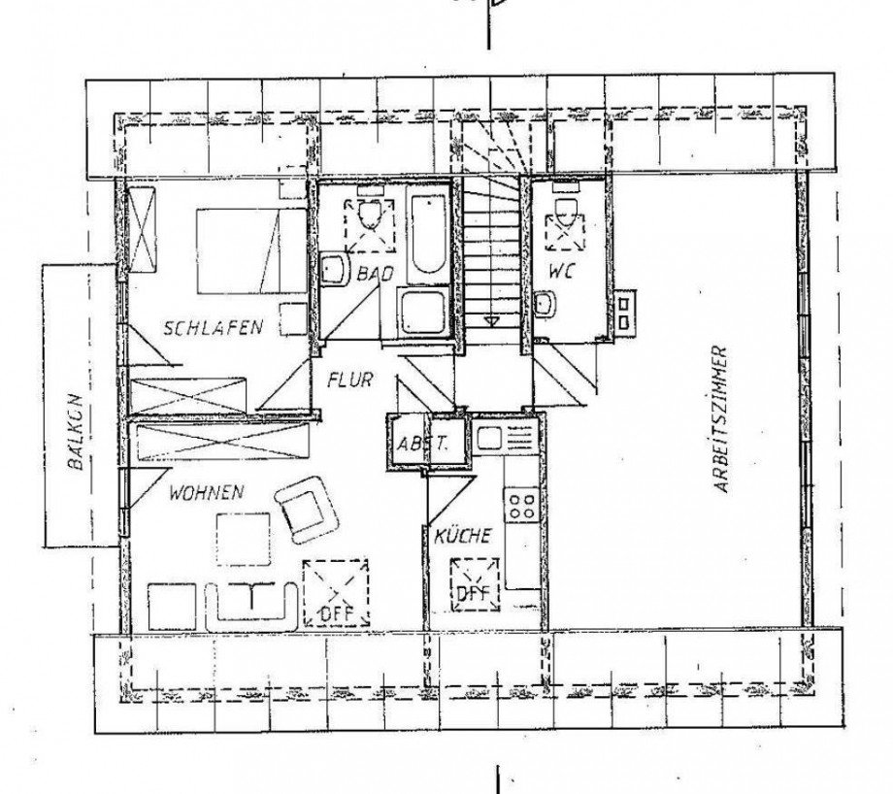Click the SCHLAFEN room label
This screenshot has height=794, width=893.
pos(213,327)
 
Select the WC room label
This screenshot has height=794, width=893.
pos(560,273)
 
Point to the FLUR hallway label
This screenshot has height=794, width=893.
pos(349,380)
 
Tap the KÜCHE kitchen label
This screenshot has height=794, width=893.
pos(461,536)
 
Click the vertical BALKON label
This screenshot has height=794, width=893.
pos(75,431)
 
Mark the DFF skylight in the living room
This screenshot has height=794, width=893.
pos(335,592)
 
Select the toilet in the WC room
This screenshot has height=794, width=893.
pos(563,214)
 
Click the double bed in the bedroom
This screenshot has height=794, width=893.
pos(250,249)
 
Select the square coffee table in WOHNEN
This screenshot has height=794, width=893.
pos(243,539)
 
